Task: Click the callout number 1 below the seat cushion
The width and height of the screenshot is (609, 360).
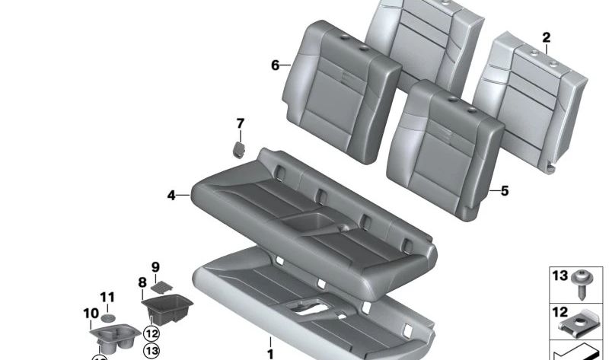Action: [x=269, y=353]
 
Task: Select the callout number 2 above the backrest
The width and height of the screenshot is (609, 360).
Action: [x=546, y=37]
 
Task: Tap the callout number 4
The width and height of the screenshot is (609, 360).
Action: [x=172, y=196]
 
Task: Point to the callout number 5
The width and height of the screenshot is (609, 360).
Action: [x=504, y=191]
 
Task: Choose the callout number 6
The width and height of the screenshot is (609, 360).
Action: [x=276, y=65]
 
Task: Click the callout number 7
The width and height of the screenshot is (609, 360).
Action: [x=241, y=123]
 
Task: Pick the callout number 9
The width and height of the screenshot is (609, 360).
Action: [x=155, y=266]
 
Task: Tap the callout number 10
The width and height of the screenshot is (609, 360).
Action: [x=91, y=313]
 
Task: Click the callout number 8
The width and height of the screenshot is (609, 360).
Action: [x=142, y=282]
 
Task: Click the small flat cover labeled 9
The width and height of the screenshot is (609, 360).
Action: [x=161, y=287]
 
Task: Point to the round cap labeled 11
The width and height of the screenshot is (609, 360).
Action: [x=110, y=317]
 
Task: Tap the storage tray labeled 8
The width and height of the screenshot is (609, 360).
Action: [x=167, y=308]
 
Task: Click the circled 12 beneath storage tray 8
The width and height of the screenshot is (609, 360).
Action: [x=151, y=333]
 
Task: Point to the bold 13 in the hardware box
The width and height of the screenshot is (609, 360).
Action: [x=560, y=276]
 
